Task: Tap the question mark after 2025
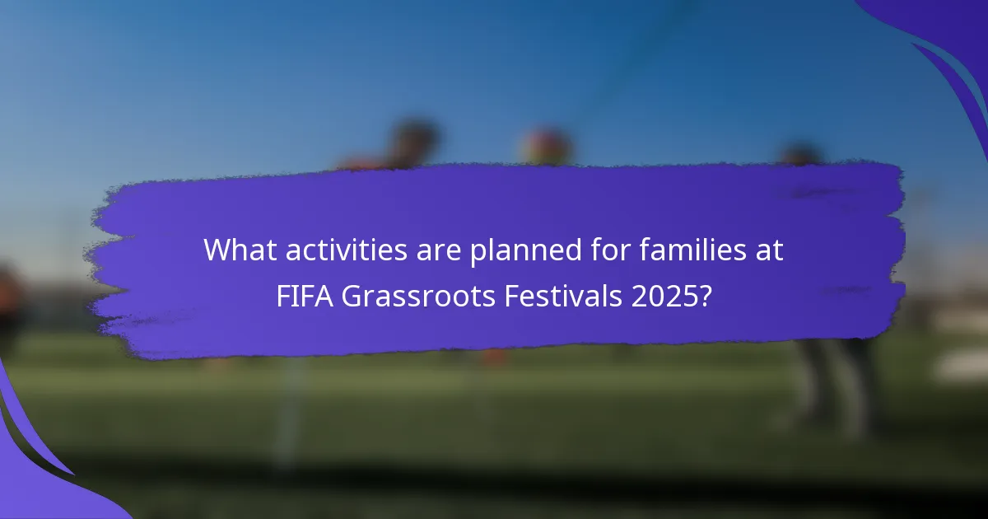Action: (x=704, y=297)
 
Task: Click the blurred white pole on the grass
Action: (x=288, y=412)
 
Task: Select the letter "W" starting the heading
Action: (x=217, y=250)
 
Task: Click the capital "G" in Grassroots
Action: (x=352, y=297)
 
